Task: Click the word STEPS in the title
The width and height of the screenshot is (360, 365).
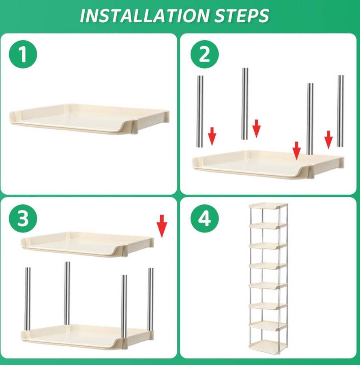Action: coord(242,15)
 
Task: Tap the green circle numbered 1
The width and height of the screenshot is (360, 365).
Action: coord(23,54)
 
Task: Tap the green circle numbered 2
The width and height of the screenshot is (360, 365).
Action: coord(205,54)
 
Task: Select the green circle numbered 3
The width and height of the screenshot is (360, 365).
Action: coord(23,218)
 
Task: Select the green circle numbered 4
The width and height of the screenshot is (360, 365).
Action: coord(205,218)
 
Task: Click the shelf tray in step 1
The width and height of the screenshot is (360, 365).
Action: coord(89,119)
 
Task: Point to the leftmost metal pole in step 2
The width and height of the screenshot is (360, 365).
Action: coord(200,111)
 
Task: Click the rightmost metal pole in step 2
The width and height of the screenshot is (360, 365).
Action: coord(340,111)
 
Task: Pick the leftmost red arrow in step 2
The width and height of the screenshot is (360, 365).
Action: coord(212,136)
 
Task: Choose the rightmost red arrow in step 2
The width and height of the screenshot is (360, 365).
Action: coord(328,140)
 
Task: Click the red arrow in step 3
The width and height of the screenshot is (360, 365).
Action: coord(162,226)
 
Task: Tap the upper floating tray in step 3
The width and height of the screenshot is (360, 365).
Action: coord(87,244)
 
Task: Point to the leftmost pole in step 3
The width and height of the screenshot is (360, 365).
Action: coord(28,299)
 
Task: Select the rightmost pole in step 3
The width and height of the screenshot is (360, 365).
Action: coord(151,299)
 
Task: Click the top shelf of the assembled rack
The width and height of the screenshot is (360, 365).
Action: coord(268,206)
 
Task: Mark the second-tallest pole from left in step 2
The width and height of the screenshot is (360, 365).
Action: coord(245,104)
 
